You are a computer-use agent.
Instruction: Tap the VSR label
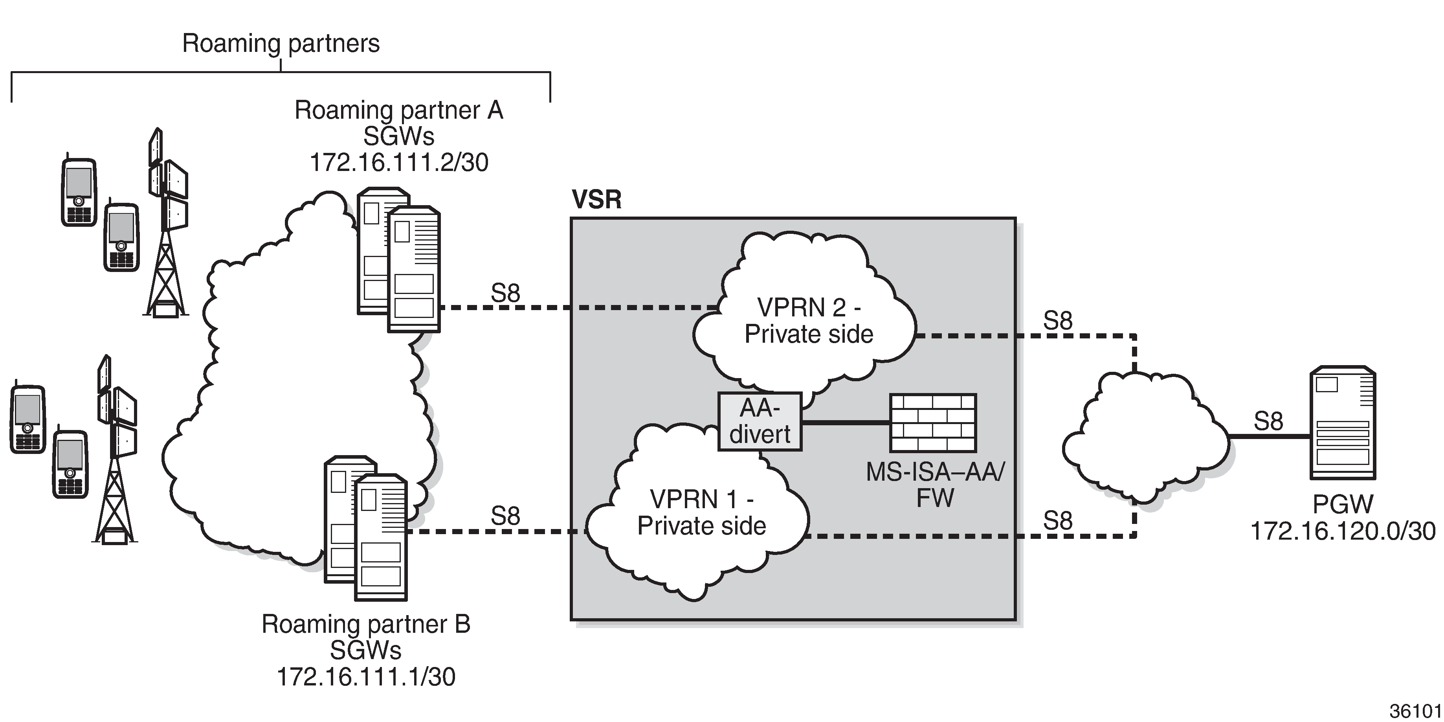596,200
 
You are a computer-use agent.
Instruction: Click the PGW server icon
1343,423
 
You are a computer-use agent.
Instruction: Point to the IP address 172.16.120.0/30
1343,531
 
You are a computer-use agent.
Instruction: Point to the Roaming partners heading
281,44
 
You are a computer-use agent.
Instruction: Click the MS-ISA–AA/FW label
935,485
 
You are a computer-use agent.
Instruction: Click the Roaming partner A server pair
398,259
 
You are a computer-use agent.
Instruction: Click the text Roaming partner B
366,624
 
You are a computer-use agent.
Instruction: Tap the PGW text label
1343,505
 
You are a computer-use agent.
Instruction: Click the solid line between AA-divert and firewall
845,422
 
